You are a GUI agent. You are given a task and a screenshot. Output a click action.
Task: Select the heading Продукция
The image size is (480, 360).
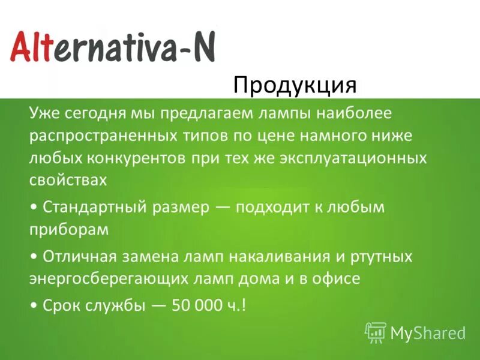(x=295, y=85)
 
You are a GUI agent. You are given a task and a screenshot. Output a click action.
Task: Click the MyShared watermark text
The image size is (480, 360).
(x=428, y=332)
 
